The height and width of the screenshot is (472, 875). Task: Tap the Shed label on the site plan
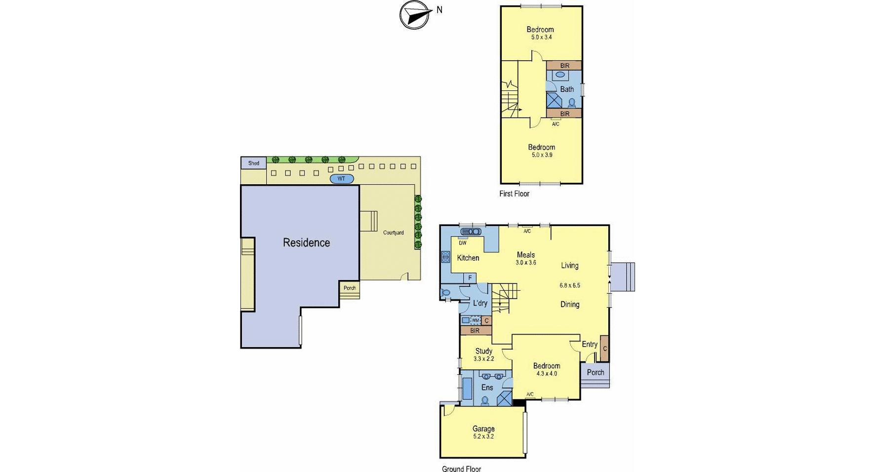pos(253,163)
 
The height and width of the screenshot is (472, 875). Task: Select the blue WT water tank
pos(341,178)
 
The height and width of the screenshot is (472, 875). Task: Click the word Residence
pos(306,242)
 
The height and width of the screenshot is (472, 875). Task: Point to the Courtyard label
pos(393,233)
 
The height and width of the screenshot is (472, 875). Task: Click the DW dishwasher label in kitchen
pos(463,243)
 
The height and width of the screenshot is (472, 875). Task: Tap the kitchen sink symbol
pos(471,232)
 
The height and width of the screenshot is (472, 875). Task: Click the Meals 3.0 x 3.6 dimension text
pos(526,263)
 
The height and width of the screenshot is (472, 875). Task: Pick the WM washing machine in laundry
pos(476,320)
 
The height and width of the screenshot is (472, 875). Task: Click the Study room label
pos(484,351)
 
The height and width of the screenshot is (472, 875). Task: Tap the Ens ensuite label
pos(487,388)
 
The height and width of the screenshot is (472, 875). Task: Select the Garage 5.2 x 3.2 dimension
pos(483,436)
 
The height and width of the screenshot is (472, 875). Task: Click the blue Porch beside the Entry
pos(595,373)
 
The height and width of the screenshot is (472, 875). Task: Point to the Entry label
pos(590,345)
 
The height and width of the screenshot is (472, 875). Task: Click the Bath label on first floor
pos(567,89)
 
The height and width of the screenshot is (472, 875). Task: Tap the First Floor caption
pos(514,194)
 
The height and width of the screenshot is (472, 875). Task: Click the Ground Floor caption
pos(461,469)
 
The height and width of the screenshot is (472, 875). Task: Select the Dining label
pos(569,304)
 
